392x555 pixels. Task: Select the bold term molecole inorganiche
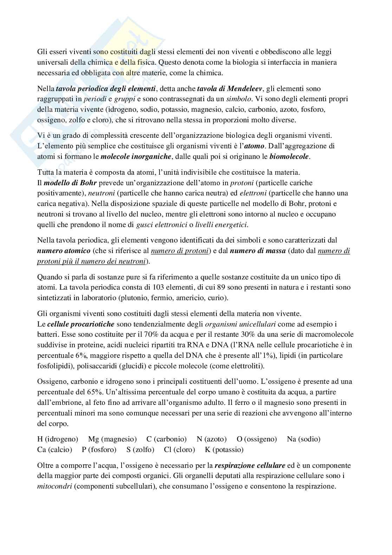(136, 157)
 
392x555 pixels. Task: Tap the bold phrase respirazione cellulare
(250, 466)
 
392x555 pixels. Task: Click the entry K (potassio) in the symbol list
(224, 450)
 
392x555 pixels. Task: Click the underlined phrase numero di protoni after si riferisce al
(180, 251)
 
